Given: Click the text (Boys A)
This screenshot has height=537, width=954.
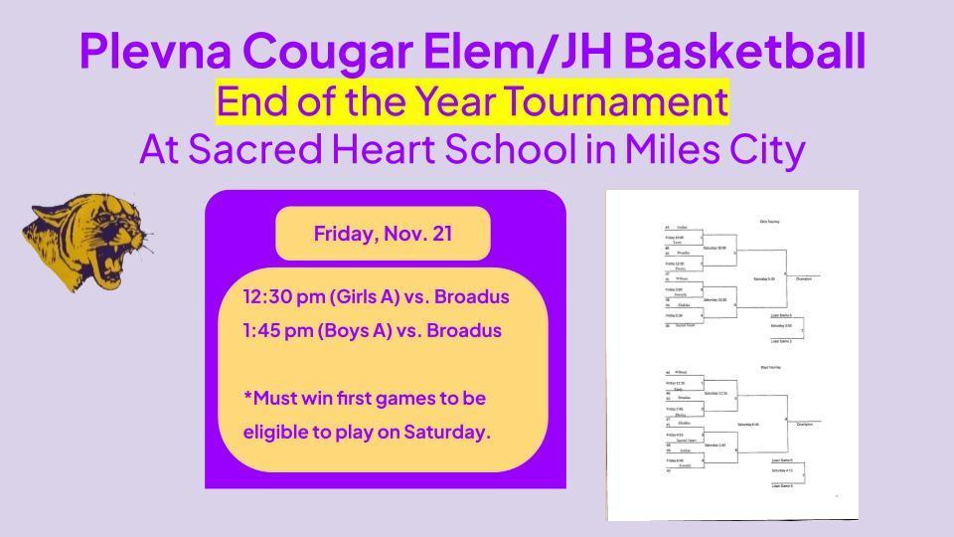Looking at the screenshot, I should click(355, 330).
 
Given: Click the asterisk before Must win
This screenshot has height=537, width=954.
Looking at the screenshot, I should click(246, 398).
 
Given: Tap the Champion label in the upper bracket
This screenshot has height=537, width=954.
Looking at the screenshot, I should click(803, 279).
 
